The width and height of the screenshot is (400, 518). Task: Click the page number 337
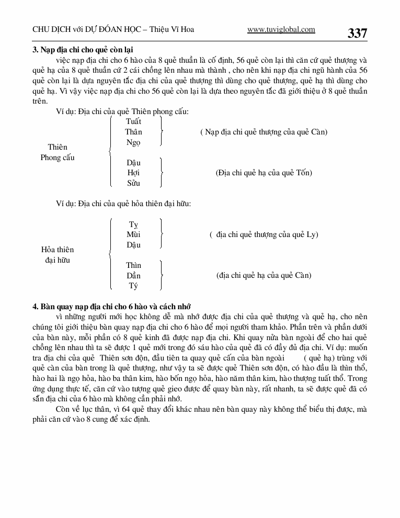(x=357, y=33)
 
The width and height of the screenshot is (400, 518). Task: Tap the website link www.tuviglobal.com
(x=281, y=30)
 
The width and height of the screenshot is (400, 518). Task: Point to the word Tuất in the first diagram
(x=133, y=121)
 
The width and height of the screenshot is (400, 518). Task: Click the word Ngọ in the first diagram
(x=133, y=142)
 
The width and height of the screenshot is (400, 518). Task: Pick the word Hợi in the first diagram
(x=133, y=173)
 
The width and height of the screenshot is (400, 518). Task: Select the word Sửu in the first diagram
(x=133, y=183)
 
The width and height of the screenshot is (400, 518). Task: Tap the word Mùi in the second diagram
(x=133, y=234)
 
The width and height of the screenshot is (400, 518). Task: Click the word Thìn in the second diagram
(x=133, y=265)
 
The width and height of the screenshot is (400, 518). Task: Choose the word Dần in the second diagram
(x=133, y=276)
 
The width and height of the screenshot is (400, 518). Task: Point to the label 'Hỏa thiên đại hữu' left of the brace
(x=58, y=255)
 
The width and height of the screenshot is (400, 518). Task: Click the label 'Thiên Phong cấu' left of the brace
(x=58, y=152)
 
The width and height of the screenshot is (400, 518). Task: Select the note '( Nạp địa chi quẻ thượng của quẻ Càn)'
(x=264, y=132)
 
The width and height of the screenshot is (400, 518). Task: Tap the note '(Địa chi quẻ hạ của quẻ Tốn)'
(x=264, y=173)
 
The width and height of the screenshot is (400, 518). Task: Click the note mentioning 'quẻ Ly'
(x=264, y=234)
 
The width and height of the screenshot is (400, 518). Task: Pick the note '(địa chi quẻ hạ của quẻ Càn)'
(x=264, y=276)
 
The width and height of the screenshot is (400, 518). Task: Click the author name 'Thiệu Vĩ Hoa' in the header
(x=172, y=30)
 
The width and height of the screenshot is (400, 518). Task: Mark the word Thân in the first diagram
(x=133, y=132)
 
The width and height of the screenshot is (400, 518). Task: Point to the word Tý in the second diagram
(x=133, y=286)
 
